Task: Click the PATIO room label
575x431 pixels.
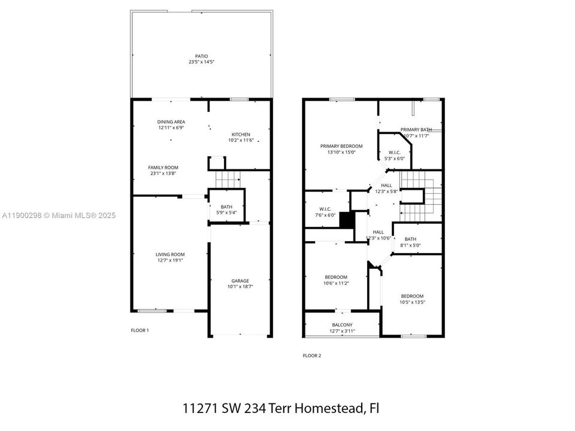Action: [x=201, y=56]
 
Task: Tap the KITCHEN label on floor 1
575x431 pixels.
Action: [x=241, y=134]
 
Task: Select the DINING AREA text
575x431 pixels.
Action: [x=171, y=122]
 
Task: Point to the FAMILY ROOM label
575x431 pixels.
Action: [x=164, y=168]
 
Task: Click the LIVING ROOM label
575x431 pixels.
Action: [x=170, y=254]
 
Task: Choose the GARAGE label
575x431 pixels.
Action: [x=240, y=281]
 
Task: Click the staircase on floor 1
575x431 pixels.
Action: [x=228, y=178]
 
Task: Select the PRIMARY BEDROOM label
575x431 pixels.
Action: [x=341, y=146]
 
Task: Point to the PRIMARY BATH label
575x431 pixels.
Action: [x=416, y=129]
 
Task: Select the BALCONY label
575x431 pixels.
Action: [x=342, y=325]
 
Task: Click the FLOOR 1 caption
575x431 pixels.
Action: [x=140, y=330]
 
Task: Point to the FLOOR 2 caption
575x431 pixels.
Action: [x=311, y=356]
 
